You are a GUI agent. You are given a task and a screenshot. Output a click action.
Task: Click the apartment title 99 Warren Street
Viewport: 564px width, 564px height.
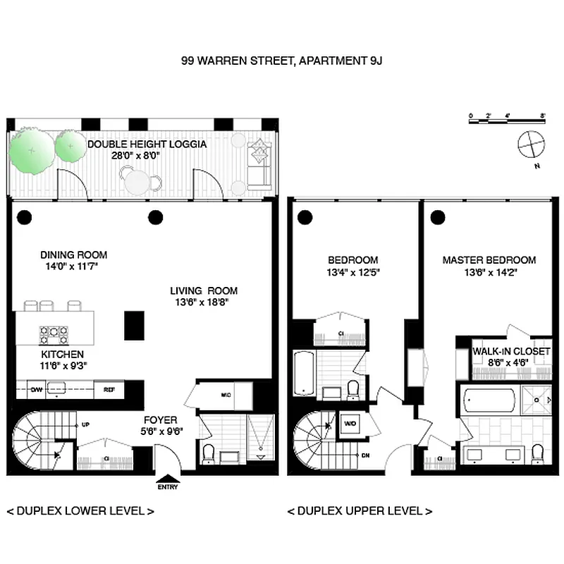(x=282, y=61)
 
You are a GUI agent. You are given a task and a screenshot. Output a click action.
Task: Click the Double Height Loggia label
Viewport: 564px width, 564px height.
(x=147, y=144)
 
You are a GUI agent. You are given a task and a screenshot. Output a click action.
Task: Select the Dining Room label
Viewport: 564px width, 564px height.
(x=73, y=255)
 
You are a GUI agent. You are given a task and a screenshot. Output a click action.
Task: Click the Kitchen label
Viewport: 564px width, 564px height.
(x=62, y=354)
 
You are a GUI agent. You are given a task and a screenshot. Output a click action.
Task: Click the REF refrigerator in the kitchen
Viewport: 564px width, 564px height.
(x=109, y=388)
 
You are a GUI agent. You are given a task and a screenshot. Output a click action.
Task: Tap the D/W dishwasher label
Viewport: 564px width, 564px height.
(x=33, y=388)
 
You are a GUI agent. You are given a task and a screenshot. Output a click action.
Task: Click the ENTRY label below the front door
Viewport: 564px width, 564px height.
(x=168, y=486)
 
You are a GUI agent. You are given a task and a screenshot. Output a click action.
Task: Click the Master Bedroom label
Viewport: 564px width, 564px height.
(x=489, y=260)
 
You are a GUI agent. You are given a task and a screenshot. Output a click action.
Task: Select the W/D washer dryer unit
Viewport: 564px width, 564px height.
(x=350, y=424)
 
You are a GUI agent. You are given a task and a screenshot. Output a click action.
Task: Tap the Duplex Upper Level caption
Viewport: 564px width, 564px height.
(x=360, y=510)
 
